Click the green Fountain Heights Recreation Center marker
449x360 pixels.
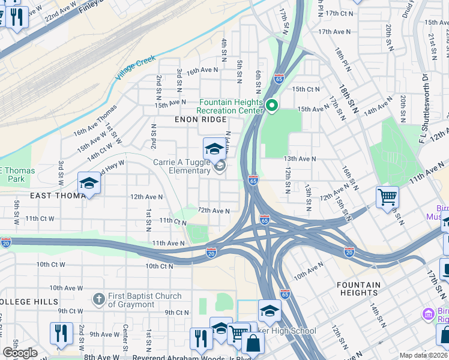[271, 106]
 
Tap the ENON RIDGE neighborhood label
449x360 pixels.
[201, 120]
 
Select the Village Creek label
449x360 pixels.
[136, 67]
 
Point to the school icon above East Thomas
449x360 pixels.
[89, 183]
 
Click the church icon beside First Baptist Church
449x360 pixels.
[98, 299]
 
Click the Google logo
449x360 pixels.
[20, 352]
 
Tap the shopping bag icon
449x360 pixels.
[253, 344]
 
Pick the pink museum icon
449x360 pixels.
[427, 314]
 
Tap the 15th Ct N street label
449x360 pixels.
[306, 89]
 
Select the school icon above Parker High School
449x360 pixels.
[270, 311]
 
